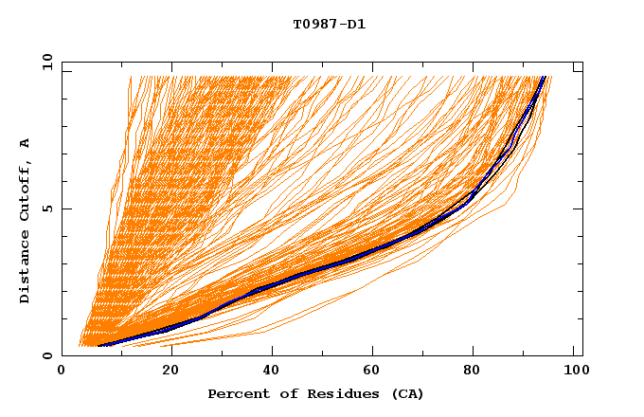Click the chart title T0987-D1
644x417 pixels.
click(x=329, y=25)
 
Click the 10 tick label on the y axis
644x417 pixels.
click(x=46, y=62)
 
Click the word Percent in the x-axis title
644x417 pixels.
click(x=238, y=393)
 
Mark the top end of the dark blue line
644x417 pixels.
click(x=544, y=77)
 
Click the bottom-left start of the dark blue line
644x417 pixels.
click(x=99, y=346)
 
